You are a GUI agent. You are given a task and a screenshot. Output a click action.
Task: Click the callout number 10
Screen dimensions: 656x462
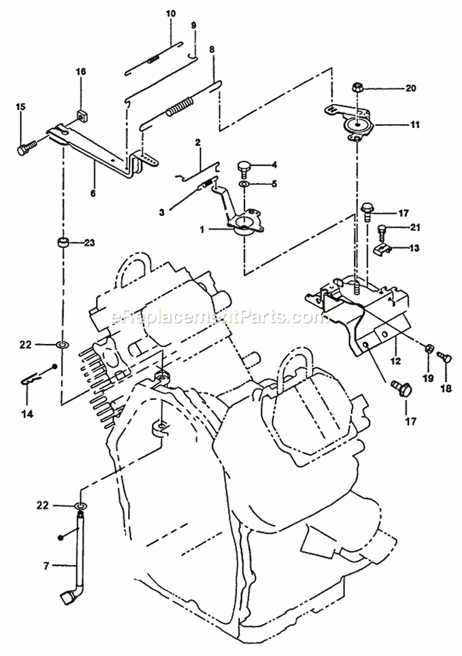pos(171,13)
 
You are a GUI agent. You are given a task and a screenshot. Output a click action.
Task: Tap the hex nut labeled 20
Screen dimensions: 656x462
pos(358,88)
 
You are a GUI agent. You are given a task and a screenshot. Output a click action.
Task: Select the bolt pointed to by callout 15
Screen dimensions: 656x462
pos(26,148)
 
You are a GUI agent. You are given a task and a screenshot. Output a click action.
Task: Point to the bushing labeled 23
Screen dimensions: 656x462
pos(63,242)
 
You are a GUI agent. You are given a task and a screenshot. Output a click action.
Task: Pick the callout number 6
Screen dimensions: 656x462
pos(93,193)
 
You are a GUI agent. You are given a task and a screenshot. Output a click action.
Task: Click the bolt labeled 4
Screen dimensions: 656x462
pos(245,167)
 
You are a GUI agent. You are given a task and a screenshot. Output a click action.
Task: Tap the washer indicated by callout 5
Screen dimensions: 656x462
pos(245,184)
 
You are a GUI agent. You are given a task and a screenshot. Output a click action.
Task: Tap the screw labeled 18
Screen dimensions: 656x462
pos(441,356)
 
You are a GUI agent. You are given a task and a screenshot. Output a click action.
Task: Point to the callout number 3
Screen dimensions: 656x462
pos(161,212)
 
